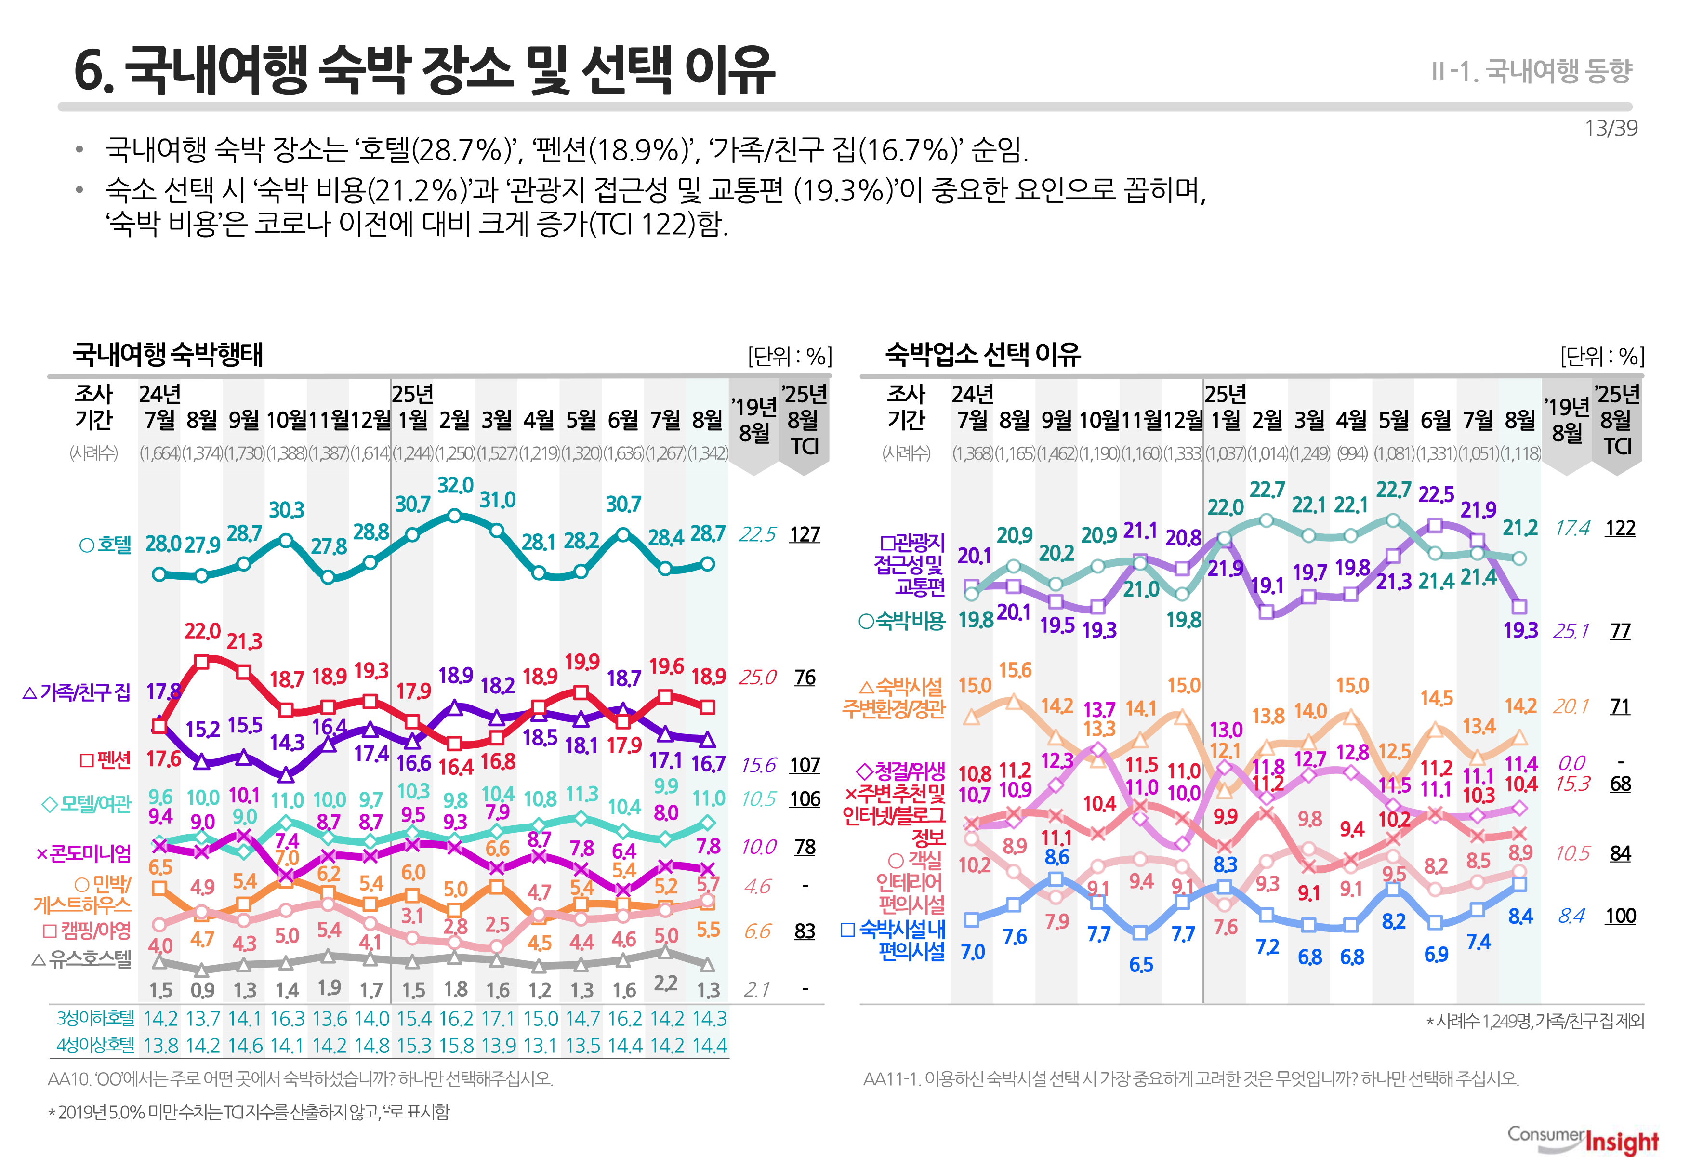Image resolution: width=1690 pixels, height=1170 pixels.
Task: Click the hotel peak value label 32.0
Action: click(455, 485)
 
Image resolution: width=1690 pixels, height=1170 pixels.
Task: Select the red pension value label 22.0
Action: click(202, 631)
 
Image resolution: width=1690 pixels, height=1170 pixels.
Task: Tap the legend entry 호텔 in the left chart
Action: click(106, 545)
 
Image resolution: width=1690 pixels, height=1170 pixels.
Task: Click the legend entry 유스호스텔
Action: click(82, 959)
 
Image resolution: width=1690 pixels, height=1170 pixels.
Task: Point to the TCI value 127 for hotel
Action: click(804, 534)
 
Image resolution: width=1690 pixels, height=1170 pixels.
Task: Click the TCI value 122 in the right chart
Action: click(1620, 529)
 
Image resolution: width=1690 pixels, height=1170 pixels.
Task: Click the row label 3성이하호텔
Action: click(95, 1018)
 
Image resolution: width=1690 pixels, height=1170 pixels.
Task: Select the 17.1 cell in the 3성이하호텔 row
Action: click(498, 1019)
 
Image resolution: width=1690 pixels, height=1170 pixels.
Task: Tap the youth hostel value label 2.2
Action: click(665, 983)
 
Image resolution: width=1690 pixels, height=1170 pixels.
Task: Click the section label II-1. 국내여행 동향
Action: click(1531, 71)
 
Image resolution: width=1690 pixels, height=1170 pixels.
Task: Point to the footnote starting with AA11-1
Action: click(1191, 1078)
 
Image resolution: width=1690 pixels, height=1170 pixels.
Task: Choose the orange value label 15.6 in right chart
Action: click(1015, 670)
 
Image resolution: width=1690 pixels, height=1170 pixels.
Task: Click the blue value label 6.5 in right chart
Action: click(1141, 965)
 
